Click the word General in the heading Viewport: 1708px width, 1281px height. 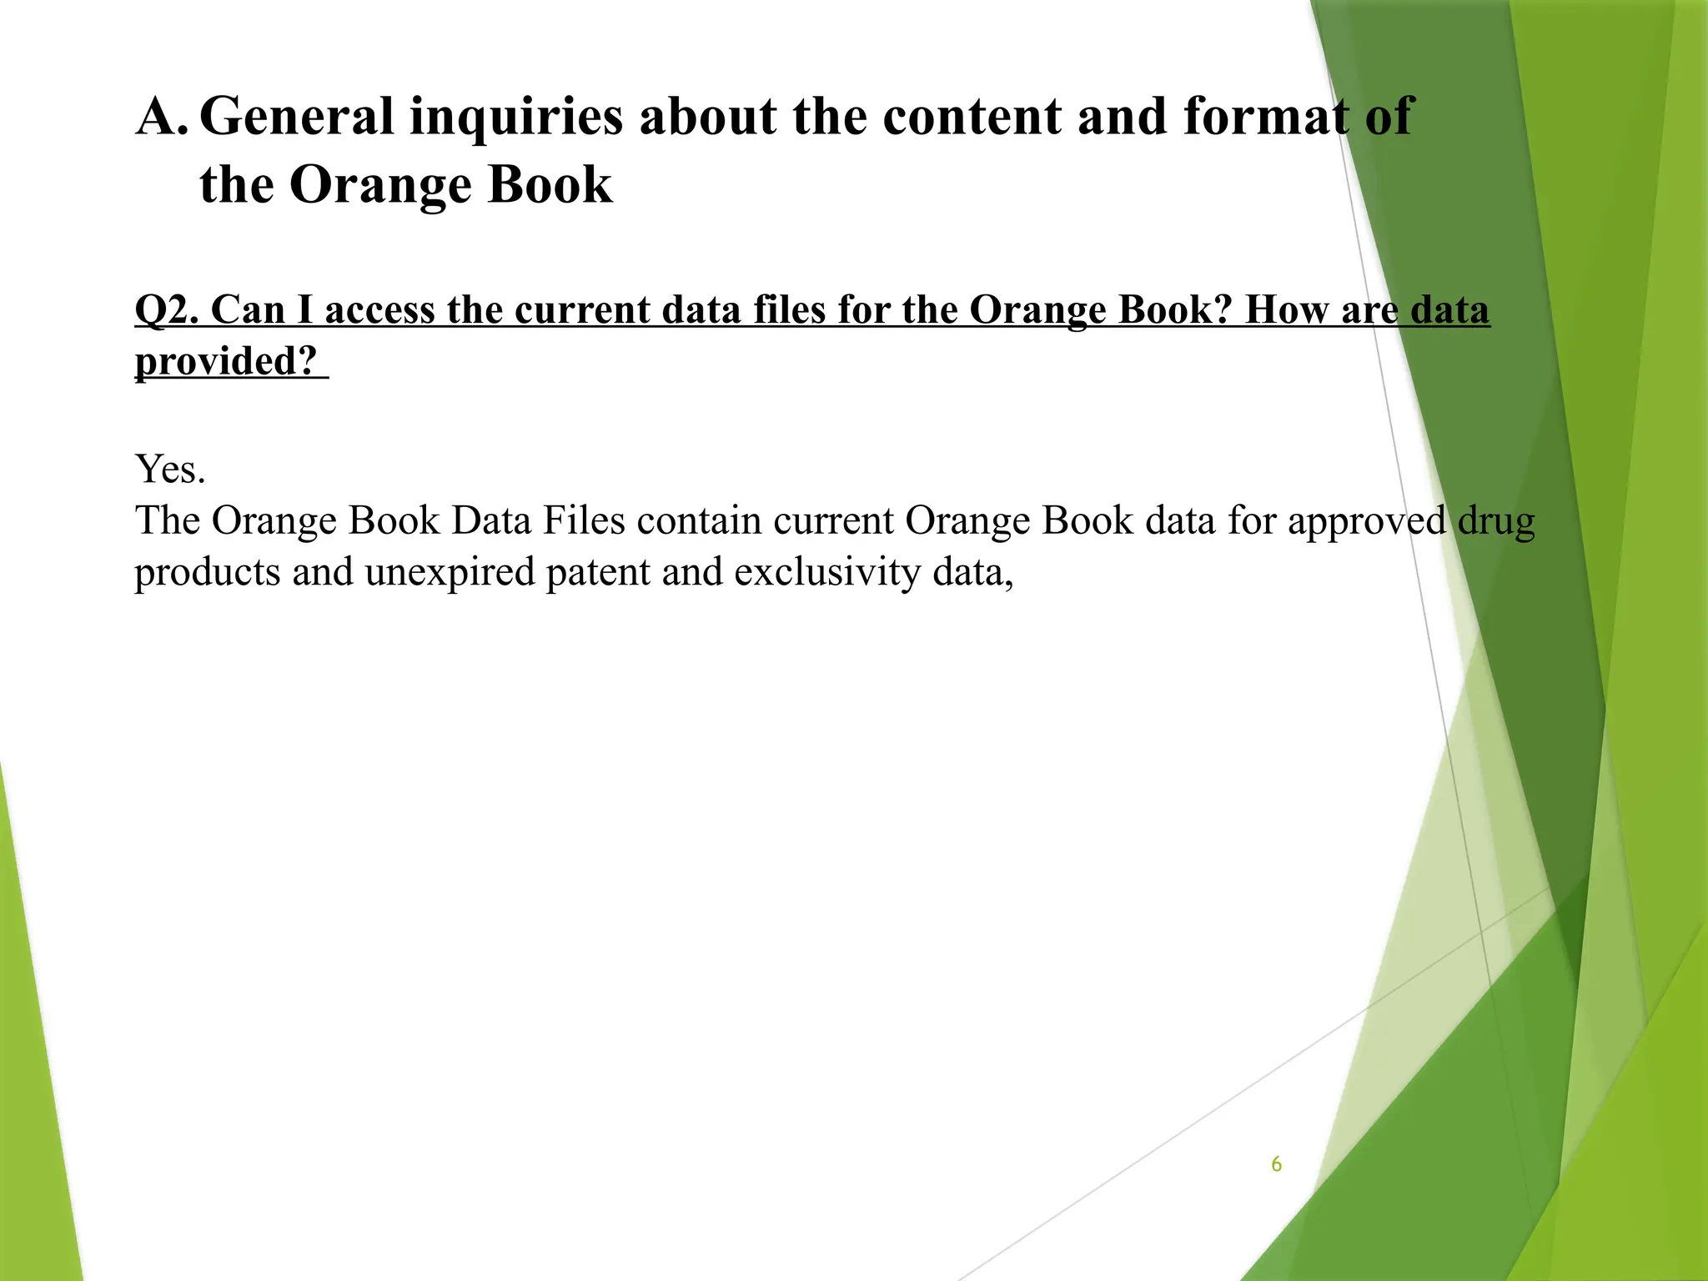pyautogui.click(x=296, y=116)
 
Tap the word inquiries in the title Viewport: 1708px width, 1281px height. pyautogui.click(x=516, y=118)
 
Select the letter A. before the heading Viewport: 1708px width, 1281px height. pyautogui.click(x=162, y=116)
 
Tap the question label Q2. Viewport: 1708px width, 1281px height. pyautogui.click(x=166, y=310)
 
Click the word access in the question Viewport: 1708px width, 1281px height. pyautogui.click(x=380, y=310)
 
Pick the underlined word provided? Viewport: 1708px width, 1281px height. pyautogui.click(x=227, y=362)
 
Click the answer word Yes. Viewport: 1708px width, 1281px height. pyautogui.click(x=170, y=469)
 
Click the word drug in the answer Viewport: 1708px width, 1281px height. pyautogui.click(x=1496, y=522)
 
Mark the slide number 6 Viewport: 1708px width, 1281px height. pyautogui.click(x=1276, y=1164)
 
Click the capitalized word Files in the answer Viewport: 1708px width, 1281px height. pyautogui.click(x=584, y=520)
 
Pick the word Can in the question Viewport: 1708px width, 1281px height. pyautogui.click(x=248, y=310)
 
